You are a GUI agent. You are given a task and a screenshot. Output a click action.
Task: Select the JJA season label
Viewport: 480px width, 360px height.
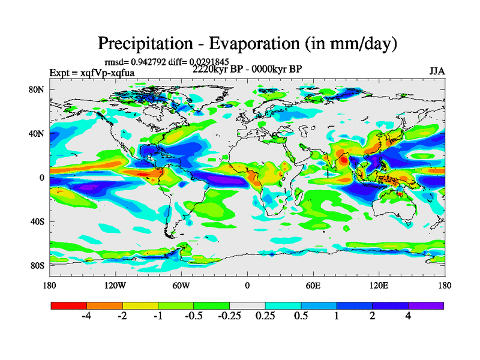point(437,71)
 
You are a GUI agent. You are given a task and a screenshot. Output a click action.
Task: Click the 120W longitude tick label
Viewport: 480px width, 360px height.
point(115,285)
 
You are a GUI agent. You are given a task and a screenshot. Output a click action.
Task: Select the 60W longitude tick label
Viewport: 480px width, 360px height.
point(181,285)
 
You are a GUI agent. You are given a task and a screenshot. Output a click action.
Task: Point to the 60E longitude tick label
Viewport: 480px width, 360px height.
point(313,285)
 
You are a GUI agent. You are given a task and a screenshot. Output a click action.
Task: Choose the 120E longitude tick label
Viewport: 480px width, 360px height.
point(379,285)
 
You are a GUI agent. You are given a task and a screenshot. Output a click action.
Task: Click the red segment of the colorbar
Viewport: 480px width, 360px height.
point(69,305)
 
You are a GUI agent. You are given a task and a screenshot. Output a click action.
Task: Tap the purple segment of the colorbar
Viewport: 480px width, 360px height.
point(426,305)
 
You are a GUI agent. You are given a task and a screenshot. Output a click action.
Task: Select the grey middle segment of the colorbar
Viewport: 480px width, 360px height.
point(247,305)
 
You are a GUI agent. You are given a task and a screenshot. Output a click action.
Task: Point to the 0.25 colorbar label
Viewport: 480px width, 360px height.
point(265,316)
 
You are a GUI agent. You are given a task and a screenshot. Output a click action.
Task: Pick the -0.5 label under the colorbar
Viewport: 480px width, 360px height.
point(194,316)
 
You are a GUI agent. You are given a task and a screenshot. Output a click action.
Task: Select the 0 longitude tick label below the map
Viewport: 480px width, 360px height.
point(247,285)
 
